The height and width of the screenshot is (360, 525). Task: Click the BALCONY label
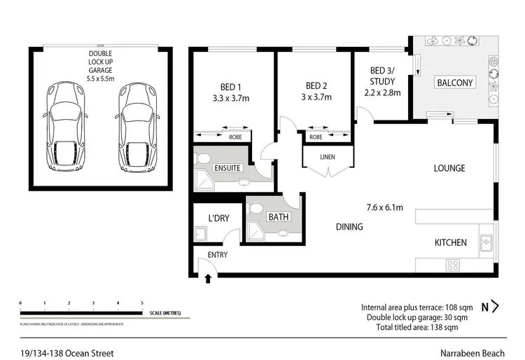455,83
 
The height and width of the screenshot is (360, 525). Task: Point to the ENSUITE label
228,168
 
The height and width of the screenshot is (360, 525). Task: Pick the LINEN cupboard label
328,156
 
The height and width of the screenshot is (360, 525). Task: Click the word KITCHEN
451,242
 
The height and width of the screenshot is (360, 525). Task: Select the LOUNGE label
449,168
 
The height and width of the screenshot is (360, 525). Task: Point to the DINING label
349,226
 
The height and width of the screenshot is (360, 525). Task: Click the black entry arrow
208,280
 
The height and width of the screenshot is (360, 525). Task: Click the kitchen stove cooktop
453,265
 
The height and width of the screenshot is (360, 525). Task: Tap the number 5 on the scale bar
142,303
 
